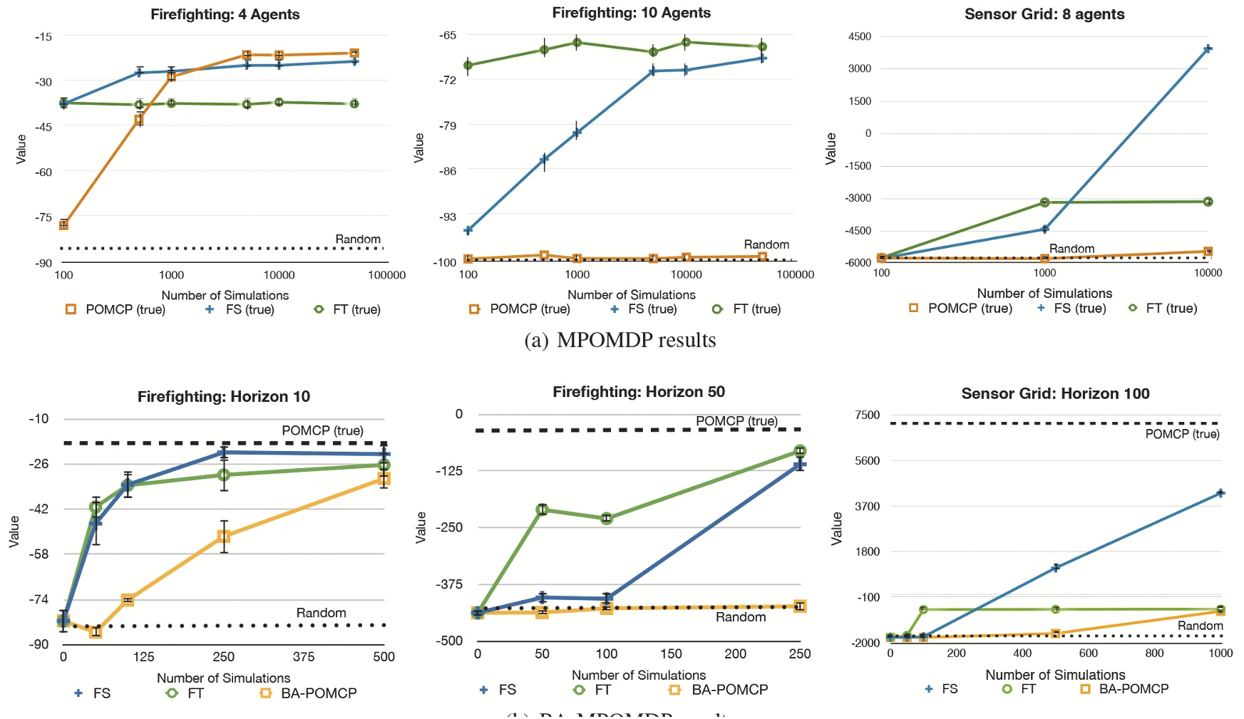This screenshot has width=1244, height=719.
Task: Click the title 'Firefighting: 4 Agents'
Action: [x=225, y=14]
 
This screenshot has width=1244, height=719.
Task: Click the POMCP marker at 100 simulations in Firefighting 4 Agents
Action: [x=63, y=224]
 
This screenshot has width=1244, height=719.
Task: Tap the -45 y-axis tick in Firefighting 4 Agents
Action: [x=43, y=127]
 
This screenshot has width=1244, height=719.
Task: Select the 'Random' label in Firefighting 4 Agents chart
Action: [x=358, y=239]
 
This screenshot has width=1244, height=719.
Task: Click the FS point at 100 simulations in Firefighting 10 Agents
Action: [x=468, y=230]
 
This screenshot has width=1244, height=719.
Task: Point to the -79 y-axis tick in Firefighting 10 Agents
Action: [x=448, y=125]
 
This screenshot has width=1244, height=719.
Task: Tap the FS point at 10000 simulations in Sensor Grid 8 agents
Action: [x=1208, y=49]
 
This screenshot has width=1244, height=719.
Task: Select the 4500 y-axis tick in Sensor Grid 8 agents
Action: [x=859, y=36]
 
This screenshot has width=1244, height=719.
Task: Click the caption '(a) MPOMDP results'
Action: [x=620, y=340]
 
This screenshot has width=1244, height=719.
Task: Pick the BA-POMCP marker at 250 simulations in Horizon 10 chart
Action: [x=224, y=537]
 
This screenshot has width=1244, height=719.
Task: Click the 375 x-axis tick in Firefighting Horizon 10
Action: [x=304, y=656]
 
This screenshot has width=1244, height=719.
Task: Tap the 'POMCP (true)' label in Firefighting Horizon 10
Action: [x=322, y=430]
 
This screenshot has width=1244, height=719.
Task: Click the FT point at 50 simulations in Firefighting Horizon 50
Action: [x=542, y=509]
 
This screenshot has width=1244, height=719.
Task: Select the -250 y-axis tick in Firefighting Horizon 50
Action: [x=449, y=527]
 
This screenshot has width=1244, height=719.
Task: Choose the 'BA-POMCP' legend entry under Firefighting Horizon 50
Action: [x=729, y=689]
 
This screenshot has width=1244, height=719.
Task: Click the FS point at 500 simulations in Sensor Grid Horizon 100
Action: [x=1056, y=567]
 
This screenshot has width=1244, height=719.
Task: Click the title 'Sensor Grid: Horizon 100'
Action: [x=1055, y=393]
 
